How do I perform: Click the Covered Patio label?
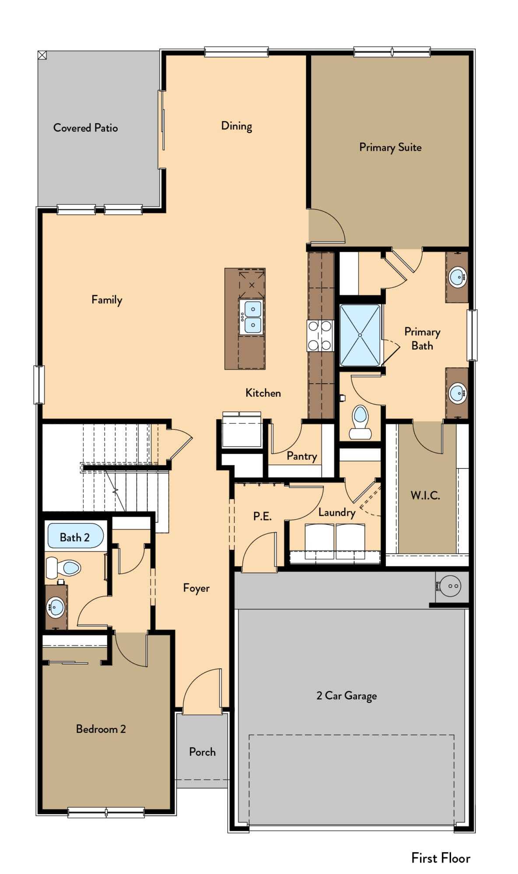85,128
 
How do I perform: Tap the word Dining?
237,126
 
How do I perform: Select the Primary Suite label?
390,147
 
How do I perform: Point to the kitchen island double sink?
252,317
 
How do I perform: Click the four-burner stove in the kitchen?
320,336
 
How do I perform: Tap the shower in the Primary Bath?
360,335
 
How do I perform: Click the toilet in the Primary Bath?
360,423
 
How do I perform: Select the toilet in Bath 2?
63,568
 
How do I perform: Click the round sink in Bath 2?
56,607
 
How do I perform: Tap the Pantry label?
302,456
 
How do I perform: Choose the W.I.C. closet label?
425,495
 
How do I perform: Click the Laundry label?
336,512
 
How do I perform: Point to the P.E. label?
262,516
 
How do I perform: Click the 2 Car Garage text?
346,696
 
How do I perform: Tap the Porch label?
202,752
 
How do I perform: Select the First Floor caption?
441,858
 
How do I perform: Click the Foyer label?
196,588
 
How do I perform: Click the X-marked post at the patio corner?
42,55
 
